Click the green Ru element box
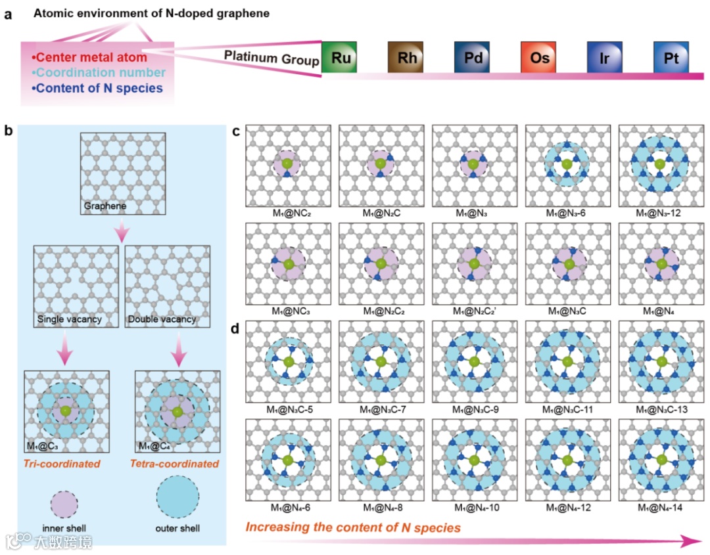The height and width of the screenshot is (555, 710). [340, 58]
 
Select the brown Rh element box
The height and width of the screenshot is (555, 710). [406, 58]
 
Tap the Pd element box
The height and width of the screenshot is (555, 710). [472, 58]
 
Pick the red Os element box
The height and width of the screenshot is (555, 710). [539, 58]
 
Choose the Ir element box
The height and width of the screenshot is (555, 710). [605, 58]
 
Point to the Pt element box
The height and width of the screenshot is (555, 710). [671, 58]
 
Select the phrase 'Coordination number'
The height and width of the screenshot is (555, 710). [98, 72]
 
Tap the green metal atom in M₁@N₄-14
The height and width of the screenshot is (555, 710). [661, 460]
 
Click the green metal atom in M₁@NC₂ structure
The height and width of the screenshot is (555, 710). [287, 164]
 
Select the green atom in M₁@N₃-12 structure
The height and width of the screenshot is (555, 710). [660, 164]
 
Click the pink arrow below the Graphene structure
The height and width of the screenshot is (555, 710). [122, 230]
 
